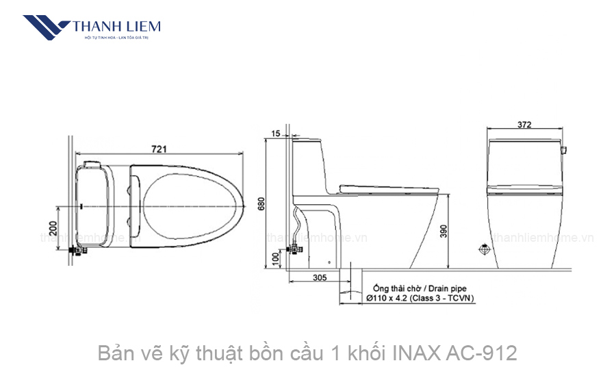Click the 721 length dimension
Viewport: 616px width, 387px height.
point(159,148)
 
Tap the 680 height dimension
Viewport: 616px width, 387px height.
point(261,204)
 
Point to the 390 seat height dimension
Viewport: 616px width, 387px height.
point(453,232)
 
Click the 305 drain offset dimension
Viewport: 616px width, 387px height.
point(319,277)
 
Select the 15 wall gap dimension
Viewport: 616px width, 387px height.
point(276,133)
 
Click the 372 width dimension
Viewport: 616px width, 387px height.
point(525,125)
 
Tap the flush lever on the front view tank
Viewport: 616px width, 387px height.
point(564,148)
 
